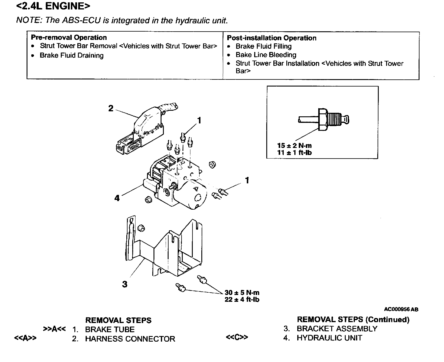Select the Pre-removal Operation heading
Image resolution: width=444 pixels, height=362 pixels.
[68, 37]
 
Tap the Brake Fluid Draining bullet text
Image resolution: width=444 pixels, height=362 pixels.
[71, 56]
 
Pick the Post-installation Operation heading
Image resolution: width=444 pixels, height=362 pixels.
[271, 38]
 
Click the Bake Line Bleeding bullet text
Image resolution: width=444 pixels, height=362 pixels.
[266, 55]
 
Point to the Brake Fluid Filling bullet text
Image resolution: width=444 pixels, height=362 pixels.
[263, 46]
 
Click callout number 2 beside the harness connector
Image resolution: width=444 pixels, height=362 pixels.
[111, 109]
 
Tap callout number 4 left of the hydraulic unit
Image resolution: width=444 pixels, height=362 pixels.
[117, 198]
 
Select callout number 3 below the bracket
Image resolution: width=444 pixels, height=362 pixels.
[125, 284]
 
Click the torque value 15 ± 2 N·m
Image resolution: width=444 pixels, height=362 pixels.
[294, 146]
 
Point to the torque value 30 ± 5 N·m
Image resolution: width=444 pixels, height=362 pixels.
[242, 293]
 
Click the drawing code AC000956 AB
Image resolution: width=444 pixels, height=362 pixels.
[401, 309]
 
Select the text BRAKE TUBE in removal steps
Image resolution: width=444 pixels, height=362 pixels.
[110, 330]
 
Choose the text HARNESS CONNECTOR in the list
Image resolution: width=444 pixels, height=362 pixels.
[130, 339]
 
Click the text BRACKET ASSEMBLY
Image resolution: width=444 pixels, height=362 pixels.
[337, 329]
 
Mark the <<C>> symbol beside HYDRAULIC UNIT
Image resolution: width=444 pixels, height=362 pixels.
[237, 337]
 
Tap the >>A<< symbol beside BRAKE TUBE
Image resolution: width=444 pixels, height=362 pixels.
[54, 329]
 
